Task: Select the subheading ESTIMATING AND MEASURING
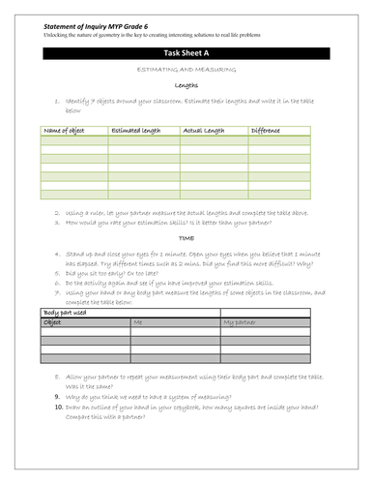point(186,73)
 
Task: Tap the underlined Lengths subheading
point(186,85)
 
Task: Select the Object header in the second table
point(53,321)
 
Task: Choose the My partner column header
point(241,321)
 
